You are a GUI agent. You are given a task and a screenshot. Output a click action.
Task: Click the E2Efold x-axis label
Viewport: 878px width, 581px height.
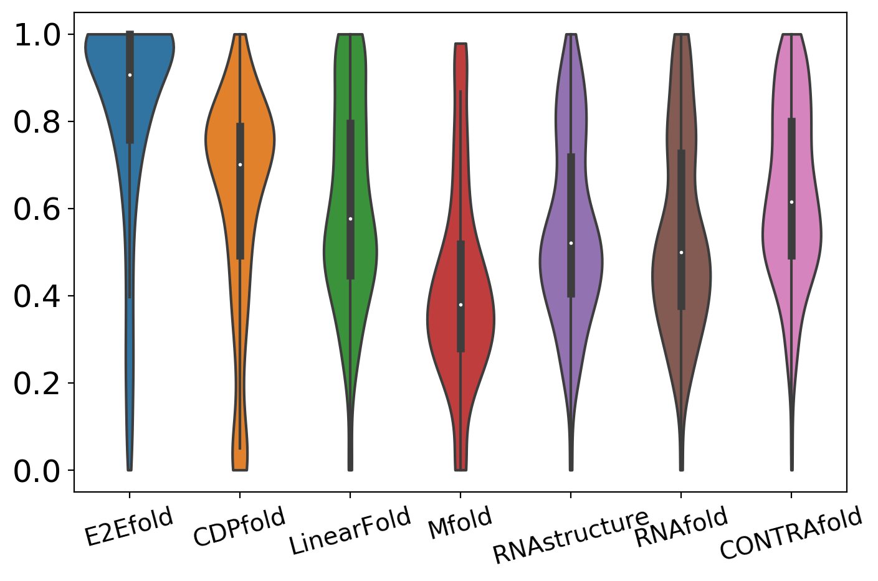click(x=129, y=527)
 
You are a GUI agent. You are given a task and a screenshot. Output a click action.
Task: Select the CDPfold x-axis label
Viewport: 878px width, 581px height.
click(x=239, y=527)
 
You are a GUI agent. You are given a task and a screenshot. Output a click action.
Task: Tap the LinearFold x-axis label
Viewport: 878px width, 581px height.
click(x=350, y=531)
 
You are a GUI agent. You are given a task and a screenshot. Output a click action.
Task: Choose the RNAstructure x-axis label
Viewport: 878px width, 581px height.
click(x=570, y=536)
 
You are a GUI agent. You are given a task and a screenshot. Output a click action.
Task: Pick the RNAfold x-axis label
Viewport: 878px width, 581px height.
click(x=681, y=528)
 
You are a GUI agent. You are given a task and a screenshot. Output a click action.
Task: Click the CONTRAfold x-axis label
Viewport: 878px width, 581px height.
click(x=791, y=534)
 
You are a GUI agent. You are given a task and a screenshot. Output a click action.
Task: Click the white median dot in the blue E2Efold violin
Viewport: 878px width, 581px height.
click(x=130, y=75)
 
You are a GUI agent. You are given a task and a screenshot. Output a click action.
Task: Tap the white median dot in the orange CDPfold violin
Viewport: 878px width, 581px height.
click(x=240, y=164)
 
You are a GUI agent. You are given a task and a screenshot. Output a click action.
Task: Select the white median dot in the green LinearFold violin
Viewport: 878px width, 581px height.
click(x=350, y=219)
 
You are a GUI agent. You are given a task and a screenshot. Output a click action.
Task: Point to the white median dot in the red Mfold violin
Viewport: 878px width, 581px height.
click(x=460, y=305)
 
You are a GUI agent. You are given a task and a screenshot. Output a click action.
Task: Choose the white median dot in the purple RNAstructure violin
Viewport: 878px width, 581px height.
click(x=571, y=243)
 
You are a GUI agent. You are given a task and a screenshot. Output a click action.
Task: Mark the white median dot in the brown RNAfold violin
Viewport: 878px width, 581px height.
click(x=681, y=252)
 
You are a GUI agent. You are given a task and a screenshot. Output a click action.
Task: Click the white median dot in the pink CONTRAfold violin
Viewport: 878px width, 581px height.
click(x=791, y=202)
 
